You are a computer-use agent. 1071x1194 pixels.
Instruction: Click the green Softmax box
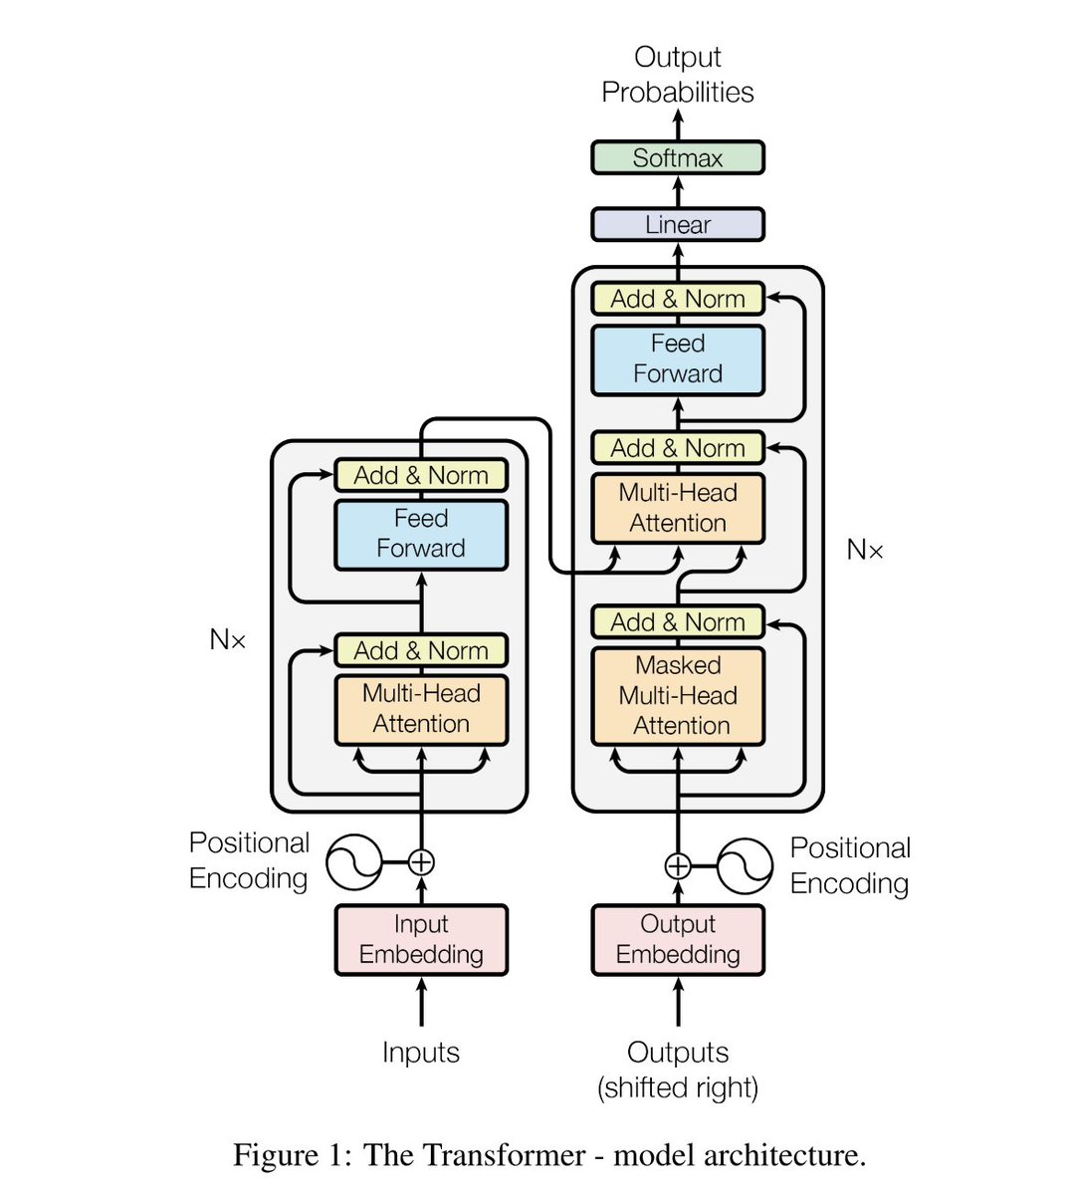click(x=678, y=158)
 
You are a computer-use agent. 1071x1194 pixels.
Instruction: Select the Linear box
click(x=678, y=225)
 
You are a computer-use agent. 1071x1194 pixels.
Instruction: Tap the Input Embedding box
click(x=421, y=939)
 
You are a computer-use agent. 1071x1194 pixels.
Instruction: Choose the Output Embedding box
click(x=678, y=939)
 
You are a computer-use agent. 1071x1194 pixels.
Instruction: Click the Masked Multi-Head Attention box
click(x=678, y=696)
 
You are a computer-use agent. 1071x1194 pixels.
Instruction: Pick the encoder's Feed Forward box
click(x=421, y=534)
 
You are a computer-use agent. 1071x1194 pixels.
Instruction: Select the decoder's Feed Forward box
click(x=678, y=359)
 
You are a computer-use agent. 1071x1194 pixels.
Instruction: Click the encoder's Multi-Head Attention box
click(x=421, y=709)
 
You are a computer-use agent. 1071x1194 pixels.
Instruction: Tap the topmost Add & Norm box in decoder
click(x=678, y=299)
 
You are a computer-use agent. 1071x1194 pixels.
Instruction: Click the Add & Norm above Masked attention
click(x=678, y=622)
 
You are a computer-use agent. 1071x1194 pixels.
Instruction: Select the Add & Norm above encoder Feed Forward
click(x=421, y=476)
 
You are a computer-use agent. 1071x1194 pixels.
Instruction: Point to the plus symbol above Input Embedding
click(x=421, y=862)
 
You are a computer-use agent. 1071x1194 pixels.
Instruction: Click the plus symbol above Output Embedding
click(x=678, y=865)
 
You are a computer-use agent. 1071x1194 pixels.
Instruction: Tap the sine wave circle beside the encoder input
click(x=354, y=862)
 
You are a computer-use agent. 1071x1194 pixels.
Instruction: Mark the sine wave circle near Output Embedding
click(x=745, y=865)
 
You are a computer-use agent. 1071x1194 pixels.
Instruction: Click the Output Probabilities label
click(x=678, y=75)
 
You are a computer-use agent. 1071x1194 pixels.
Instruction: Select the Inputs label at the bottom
click(x=421, y=1053)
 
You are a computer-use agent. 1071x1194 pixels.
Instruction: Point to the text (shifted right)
click(x=678, y=1087)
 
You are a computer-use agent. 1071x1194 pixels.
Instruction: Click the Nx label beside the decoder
click(x=865, y=550)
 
